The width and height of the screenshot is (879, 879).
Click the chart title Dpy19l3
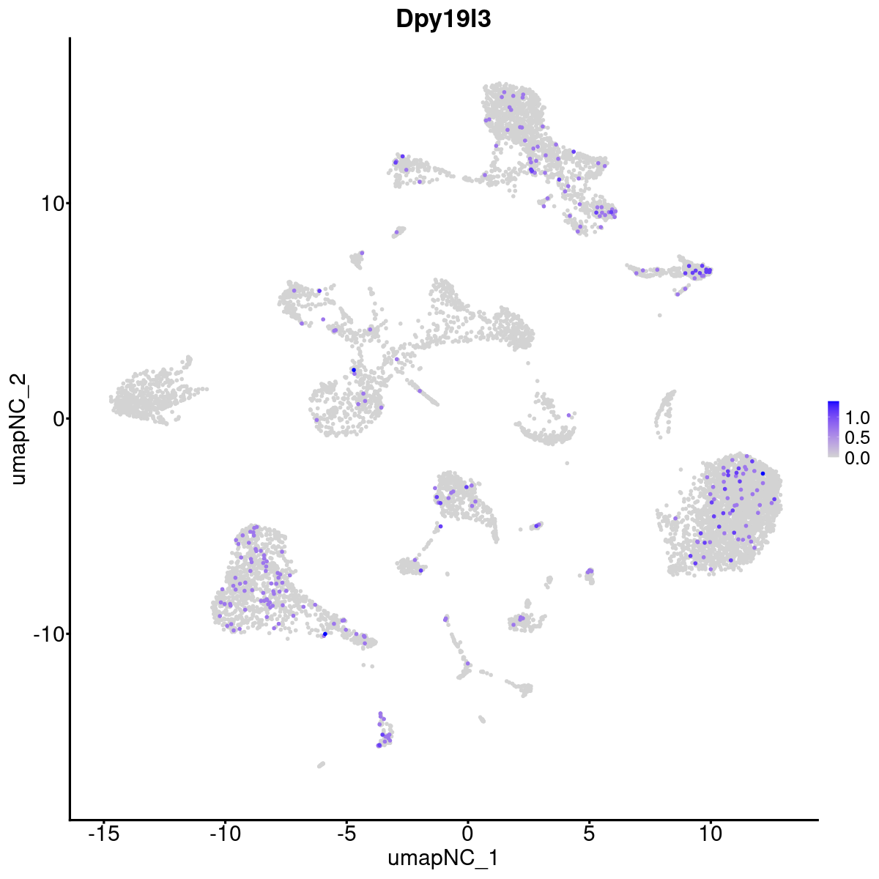click(x=443, y=20)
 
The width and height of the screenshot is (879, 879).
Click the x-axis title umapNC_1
click(x=443, y=858)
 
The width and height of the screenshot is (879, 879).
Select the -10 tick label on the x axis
click(x=225, y=834)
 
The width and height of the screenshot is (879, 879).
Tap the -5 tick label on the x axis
click(x=346, y=834)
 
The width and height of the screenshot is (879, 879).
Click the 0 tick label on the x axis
click(x=467, y=834)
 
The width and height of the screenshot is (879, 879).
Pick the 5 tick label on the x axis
click(x=589, y=834)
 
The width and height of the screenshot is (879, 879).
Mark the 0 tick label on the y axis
click(x=56, y=419)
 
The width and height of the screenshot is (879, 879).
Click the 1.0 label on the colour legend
click(x=858, y=418)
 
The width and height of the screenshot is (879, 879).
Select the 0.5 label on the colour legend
click(x=858, y=438)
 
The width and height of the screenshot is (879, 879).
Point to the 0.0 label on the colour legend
click(x=858, y=458)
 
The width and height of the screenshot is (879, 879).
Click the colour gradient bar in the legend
click(x=834, y=429)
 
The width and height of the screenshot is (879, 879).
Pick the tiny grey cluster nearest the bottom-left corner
click(x=321, y=765)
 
